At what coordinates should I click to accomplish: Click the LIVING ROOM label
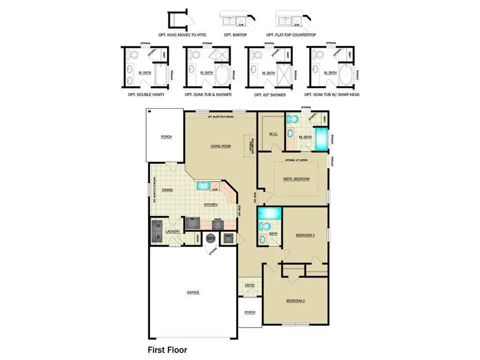(x=221, y=145)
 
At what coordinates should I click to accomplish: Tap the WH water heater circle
(x=211, y=238)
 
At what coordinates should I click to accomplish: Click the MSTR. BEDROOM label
(x=296, y=179)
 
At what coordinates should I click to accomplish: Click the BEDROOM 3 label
(x=306, y=235)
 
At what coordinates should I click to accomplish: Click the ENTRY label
(x=249, y=285)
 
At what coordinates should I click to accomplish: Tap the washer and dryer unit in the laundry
(x=157, y=231)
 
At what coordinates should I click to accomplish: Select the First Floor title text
(x=167, y=350)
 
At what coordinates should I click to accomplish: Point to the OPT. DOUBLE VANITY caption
(x=146, y=94)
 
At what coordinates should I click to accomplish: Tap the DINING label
(x=167, y=190)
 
